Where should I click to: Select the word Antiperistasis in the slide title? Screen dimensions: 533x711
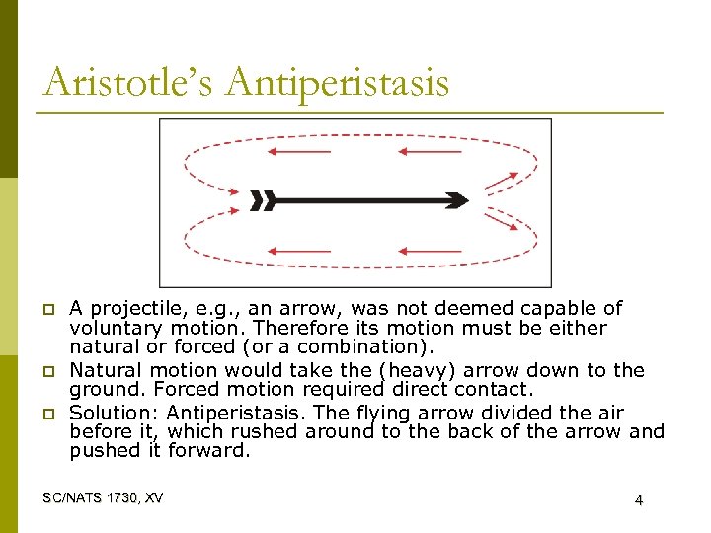[337, 82]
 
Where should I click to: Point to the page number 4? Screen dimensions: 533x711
[639, 500]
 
